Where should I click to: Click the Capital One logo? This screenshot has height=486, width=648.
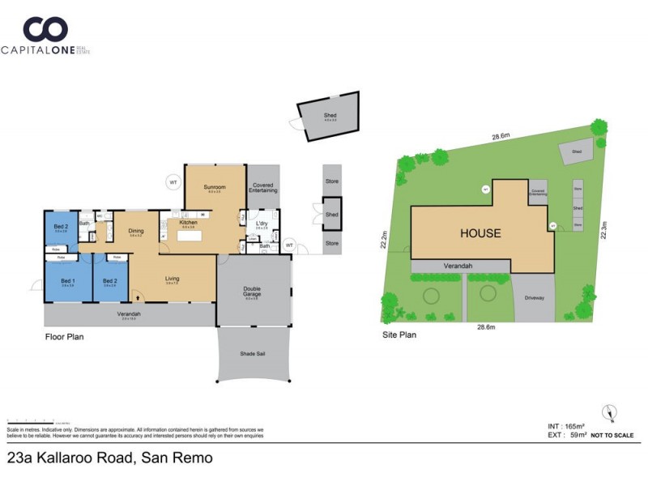(45, 37)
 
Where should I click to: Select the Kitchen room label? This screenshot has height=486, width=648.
(188, 222)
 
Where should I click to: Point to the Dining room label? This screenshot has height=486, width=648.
(135, 231)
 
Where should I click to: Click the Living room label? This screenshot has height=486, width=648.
(172, 279)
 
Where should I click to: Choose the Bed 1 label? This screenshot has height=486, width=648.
(67, 281)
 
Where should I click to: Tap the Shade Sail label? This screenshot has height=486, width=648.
(253, 354)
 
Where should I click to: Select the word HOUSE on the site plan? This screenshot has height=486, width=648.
(480, 233)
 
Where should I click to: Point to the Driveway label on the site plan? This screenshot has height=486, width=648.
(534, 298)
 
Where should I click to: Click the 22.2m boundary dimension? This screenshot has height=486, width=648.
(385, 240)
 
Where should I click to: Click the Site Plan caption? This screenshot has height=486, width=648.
(399, 334)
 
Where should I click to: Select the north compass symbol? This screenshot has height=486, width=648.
(609, 413)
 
